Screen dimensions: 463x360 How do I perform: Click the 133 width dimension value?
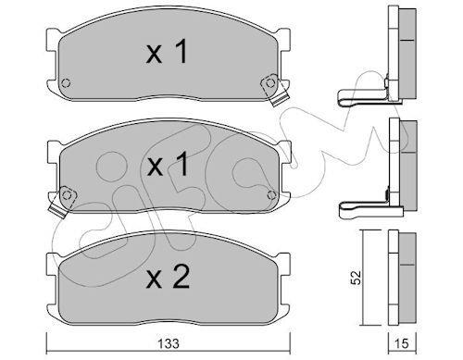[169, 343]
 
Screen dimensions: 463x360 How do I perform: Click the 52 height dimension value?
[357, 278]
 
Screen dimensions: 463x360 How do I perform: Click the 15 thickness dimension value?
[401, 343]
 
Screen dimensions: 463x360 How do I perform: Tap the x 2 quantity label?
[168, 277]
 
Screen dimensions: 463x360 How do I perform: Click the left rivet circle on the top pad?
[66, 83]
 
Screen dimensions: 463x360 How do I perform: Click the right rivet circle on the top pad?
[270, 82]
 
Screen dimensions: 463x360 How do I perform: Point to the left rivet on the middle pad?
[67, 195]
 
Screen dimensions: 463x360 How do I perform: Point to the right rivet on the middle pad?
[271, 194]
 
